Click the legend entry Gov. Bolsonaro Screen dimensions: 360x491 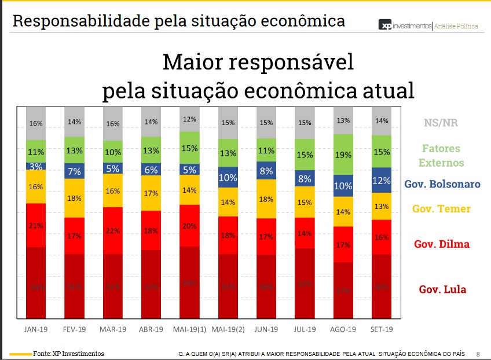[442, 184]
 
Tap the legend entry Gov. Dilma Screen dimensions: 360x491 [442, 244]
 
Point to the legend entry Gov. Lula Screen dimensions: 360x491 [442, 289]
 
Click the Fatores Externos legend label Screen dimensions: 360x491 [441, 155]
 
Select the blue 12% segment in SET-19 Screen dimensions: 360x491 [382, 180]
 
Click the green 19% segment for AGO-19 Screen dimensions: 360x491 [343, 155]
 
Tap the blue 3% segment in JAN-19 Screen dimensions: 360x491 [36, 166]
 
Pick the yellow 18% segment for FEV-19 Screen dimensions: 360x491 [74, 198]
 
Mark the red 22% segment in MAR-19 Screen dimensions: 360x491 [113, 230]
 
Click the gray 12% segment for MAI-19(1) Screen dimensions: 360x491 [190, 119]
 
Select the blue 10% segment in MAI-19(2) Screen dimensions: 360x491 [228, 178]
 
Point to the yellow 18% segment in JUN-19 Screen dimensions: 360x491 [266, 199]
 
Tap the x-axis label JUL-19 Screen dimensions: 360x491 [305, 329]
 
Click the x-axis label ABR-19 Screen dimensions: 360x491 [151, 329]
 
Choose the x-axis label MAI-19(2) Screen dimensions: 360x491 [228, 329]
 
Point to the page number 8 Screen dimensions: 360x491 [478, 354]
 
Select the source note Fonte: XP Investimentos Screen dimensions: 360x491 [68, 353]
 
